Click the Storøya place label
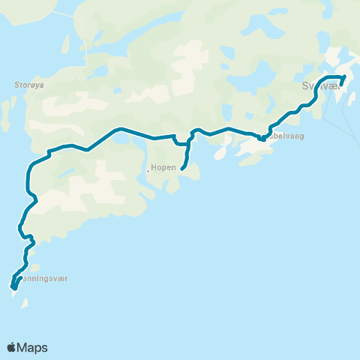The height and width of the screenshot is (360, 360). tap(29, 85)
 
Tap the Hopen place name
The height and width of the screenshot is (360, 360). tap(163, 167)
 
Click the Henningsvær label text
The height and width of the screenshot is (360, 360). tap(45, 278)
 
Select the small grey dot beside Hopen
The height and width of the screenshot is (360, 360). tap(148, 171)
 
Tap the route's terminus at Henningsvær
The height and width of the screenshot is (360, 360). tap(13, 286)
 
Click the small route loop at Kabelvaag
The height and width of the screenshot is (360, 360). tap(261, 138)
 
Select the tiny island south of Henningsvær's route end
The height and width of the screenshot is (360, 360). tap(25, 304)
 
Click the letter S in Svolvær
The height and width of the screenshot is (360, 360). tap(304, 86)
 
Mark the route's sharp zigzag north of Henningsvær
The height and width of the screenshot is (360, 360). tap(31, 241)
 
